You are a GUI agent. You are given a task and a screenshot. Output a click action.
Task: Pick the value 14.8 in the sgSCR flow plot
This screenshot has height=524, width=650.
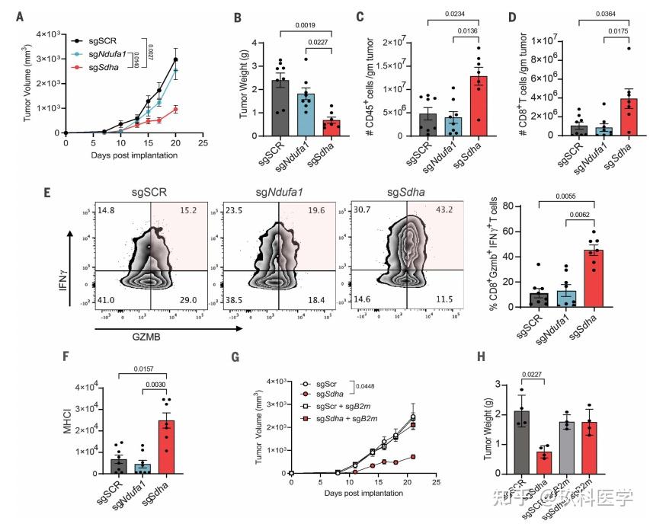(107, 220)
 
